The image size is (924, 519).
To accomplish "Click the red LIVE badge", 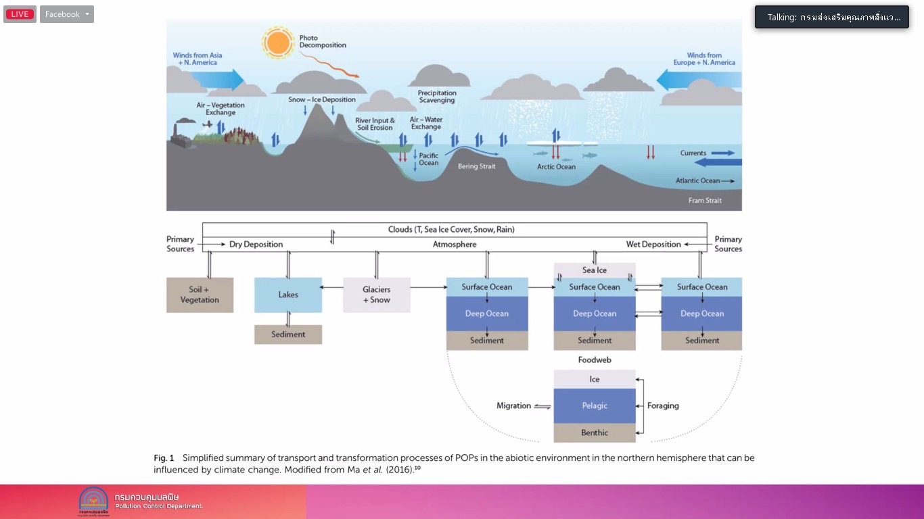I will coord(20,14).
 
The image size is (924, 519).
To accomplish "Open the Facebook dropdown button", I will coord(66,14).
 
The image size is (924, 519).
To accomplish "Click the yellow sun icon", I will coord(277,43).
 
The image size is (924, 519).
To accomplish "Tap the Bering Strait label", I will coord(478,166).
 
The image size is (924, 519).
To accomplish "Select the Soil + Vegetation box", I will coord(200,295).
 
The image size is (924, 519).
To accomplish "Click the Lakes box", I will coord(287,295).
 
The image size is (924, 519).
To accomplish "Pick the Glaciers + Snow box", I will coord(376,295).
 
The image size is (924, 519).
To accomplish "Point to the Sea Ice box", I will coord(595,270).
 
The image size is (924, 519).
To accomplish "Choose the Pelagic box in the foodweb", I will coord(595,405).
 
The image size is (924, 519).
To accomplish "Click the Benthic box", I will coord(595,432).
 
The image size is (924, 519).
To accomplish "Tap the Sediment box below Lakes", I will coord(287,334).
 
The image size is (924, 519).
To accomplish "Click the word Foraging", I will coord(663,405).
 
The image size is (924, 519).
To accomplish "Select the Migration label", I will coord(513,405).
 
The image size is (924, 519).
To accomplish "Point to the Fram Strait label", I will coord(705,200).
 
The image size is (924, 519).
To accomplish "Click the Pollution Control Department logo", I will coord(93,501).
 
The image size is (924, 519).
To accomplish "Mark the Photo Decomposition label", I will coord(323,42).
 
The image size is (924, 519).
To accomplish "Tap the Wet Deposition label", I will coord(652,245).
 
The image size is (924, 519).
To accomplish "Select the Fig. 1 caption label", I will coord(164,458).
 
